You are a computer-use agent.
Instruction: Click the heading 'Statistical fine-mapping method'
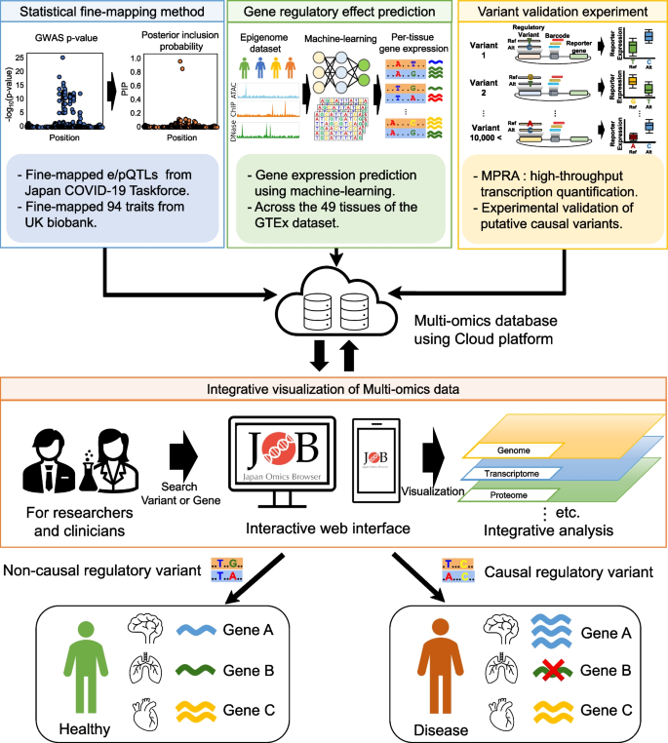[x=111, y=12]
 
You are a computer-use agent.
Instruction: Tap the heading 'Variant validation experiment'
[x=559, y=12]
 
